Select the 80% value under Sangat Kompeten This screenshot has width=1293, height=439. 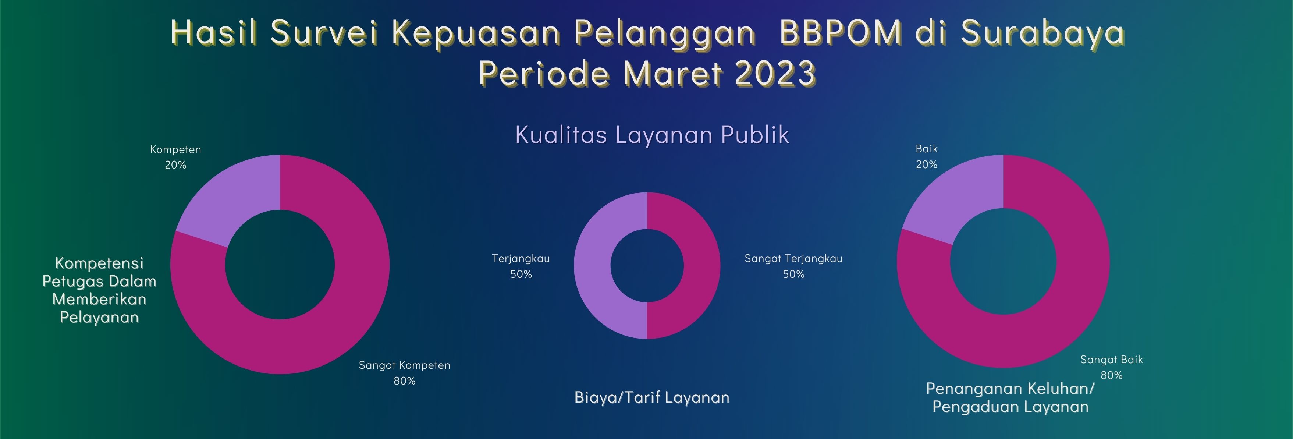405,381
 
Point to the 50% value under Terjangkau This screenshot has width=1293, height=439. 521,274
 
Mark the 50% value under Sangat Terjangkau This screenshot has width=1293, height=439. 793,274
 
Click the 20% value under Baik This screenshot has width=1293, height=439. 927,164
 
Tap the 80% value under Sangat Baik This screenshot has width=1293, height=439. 1112,375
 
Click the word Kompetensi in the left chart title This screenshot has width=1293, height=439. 99,263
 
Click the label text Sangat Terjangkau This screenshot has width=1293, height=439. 793,259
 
